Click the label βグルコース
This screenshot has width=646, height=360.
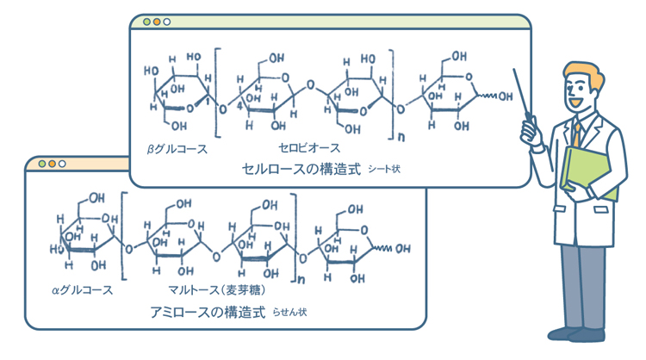(178, 149)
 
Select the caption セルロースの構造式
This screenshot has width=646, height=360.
(300, 169)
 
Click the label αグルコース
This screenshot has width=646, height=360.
(83, 289)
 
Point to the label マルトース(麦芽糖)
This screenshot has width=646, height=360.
(205, 289)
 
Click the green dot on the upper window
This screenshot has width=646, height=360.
(146, 22)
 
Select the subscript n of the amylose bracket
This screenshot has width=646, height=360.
(301, 278)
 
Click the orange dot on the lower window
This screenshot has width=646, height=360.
(52, 164)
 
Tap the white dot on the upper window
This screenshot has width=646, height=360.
(167, 22)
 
